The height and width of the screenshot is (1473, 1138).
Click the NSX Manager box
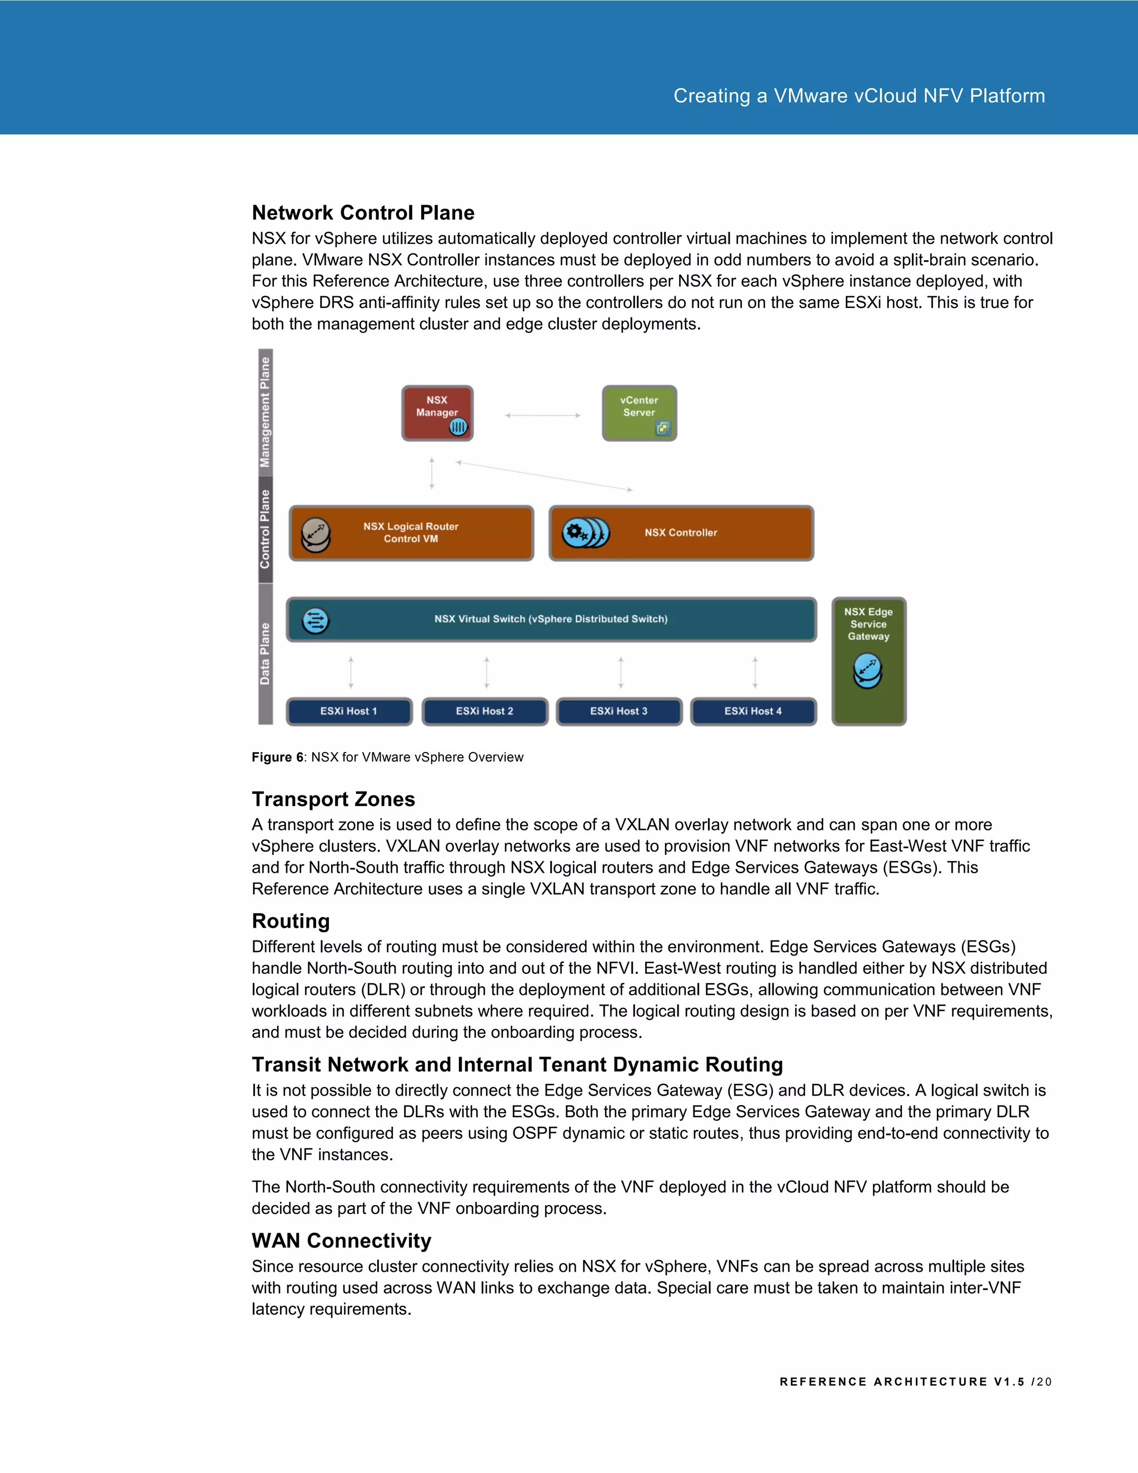[x=437, y=414]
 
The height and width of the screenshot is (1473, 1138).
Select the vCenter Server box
[x=639, y=414]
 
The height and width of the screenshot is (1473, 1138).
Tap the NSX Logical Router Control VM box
[x=411, y=533]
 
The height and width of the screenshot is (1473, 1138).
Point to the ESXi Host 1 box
[x=349, y=711]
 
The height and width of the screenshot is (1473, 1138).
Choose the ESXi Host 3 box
[x=619, y=711]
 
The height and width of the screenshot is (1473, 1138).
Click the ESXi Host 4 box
[x=753, y=711]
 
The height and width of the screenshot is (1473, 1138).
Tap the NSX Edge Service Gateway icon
[x=867, y=670]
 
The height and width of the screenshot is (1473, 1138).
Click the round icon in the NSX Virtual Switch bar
[x=316, y=620]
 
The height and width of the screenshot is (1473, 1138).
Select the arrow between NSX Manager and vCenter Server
[x=543, y=415]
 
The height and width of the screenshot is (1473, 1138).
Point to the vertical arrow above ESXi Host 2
[x=486, y=673]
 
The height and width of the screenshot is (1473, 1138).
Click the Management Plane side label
[x=266, y=412]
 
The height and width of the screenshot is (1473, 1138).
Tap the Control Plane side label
[x=266, y=529]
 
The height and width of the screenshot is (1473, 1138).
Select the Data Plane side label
[x=266, y=654]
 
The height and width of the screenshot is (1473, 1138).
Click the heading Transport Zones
[x=333, y=799]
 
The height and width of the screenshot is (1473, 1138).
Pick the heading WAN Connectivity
[x=341, y=1241]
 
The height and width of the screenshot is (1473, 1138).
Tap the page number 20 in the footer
[x=1044, y=1382]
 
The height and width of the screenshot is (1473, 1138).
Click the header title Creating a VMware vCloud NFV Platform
[x=859, y=96]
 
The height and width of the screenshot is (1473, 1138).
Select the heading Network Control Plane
[x=363, y=213]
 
